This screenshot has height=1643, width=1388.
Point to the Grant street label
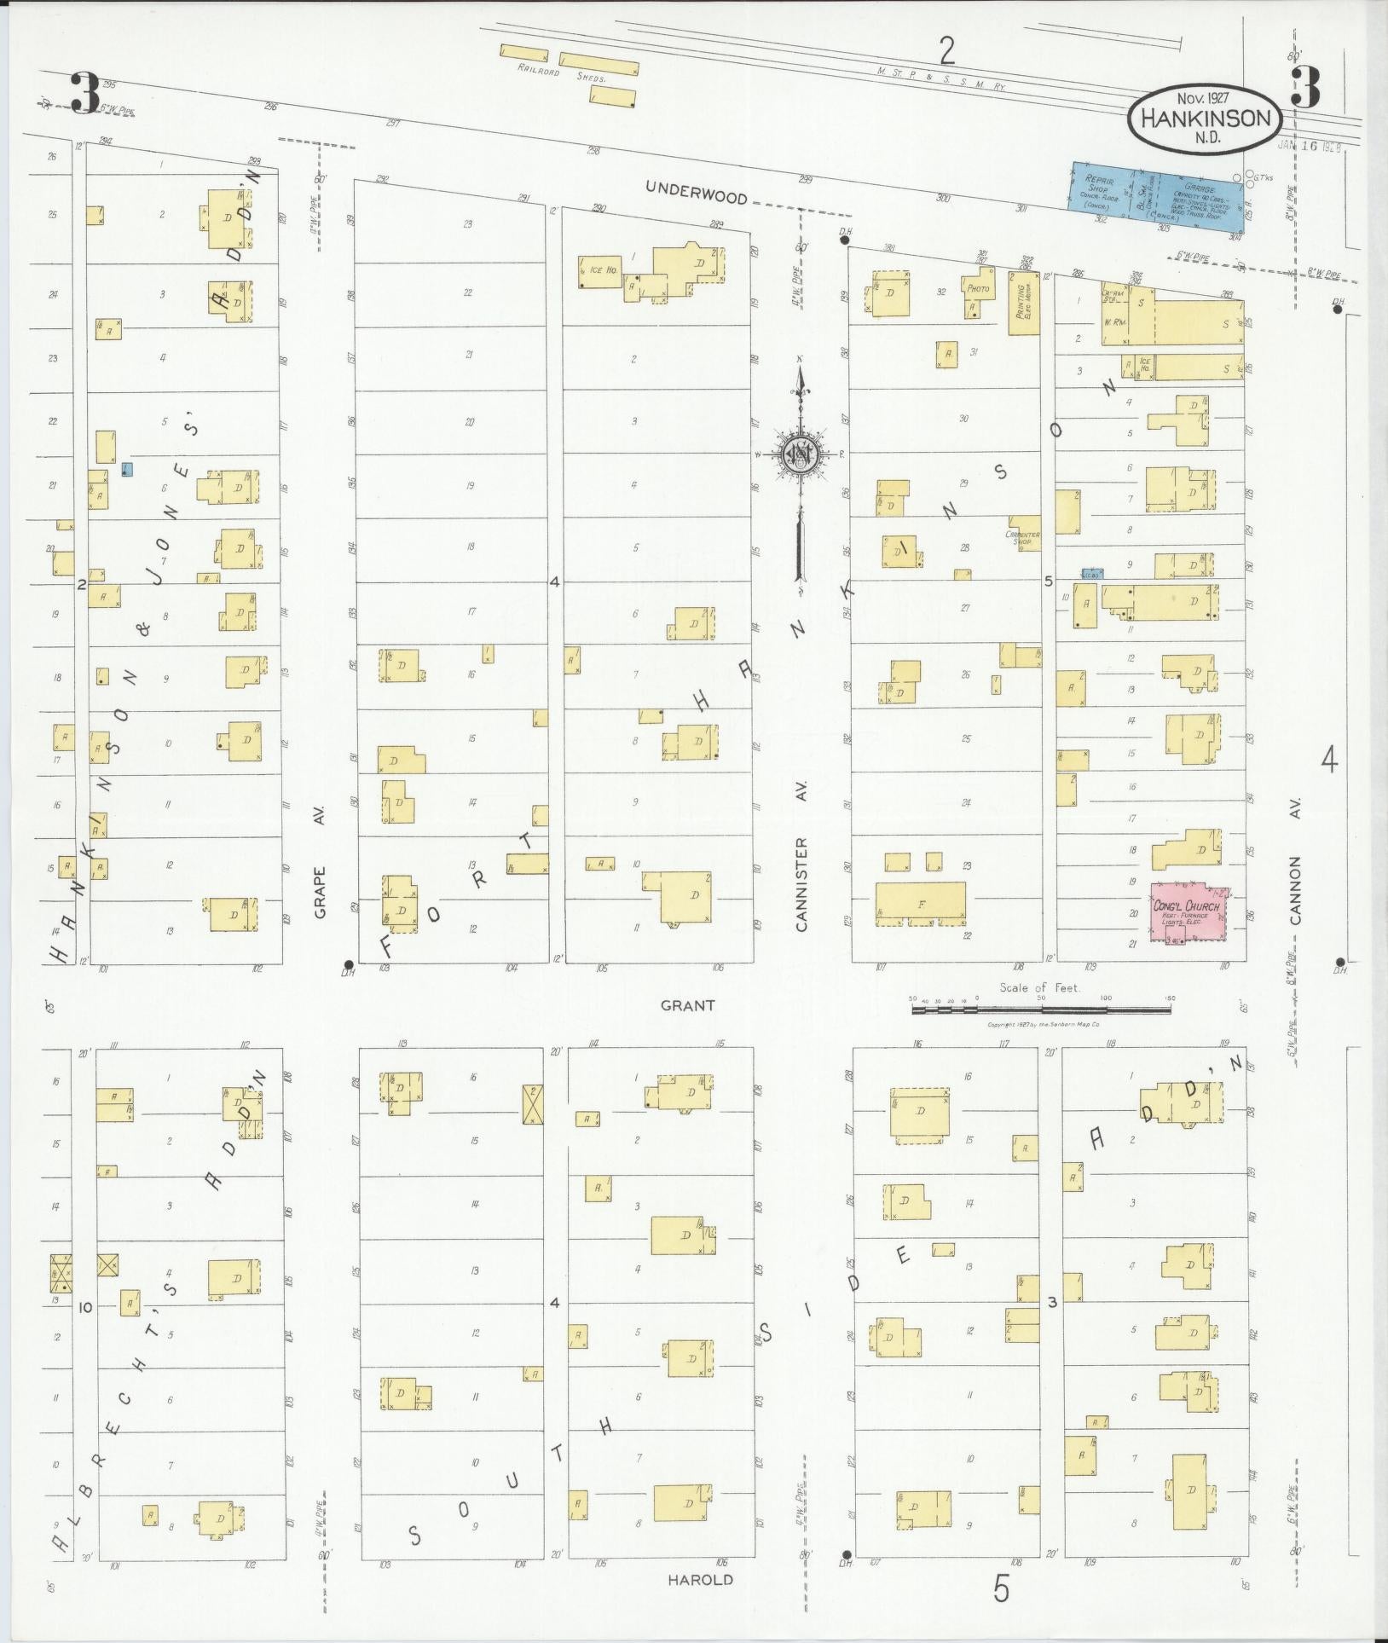(687, 1006)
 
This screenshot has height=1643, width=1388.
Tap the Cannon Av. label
(1296, 890)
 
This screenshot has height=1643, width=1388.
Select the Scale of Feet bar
(1040, 1009)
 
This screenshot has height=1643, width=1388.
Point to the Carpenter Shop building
(1024, 533)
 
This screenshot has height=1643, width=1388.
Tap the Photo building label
(979, 288)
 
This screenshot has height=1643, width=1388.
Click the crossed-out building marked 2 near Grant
(533, 1104)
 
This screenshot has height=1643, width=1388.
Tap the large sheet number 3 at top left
(85, 93)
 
